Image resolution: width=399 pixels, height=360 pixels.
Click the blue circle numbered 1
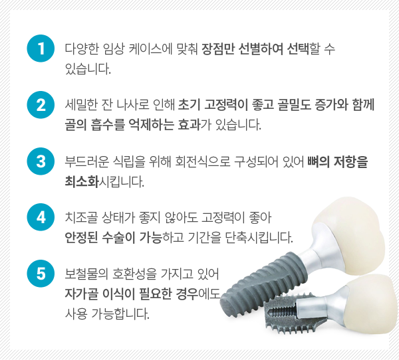(41, 48)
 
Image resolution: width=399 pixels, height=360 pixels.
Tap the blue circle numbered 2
(41, 105)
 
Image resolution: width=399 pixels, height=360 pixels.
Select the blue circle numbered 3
(41, 161)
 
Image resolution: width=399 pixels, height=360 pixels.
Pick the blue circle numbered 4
(41, 217)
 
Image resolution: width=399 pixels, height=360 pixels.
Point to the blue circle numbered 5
(41, 274)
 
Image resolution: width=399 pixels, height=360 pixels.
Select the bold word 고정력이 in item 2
(226, 105)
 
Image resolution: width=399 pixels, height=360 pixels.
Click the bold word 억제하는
(152, 125)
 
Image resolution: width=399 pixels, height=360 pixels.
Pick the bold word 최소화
(82, 181)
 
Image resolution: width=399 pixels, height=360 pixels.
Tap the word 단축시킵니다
(259, 238)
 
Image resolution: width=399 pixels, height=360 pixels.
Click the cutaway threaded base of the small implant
(293, 314)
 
